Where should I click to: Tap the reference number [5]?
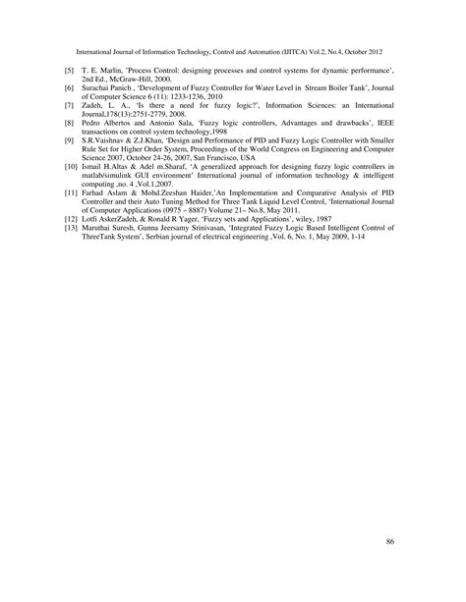(68, 72)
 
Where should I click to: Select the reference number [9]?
(68, 141)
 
